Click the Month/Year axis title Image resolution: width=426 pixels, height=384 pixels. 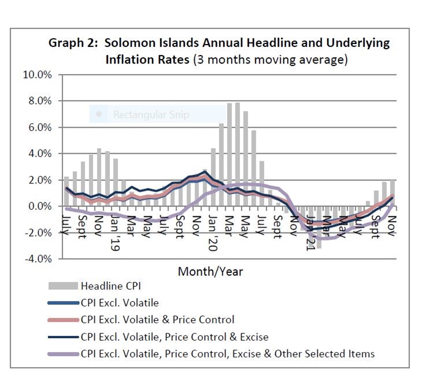(x=210, y=271)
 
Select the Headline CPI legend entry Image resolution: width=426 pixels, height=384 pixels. (x=110, y=285)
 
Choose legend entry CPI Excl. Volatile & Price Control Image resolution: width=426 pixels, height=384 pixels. (x=158, y=319)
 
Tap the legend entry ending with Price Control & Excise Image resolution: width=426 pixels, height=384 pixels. (x=175, y=336)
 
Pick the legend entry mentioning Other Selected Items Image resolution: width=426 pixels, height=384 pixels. (x=228, y=353)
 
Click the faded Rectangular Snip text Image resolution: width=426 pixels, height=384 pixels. (x=151, y=115)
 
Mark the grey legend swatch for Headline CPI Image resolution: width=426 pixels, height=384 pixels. (x=62, y=285)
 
